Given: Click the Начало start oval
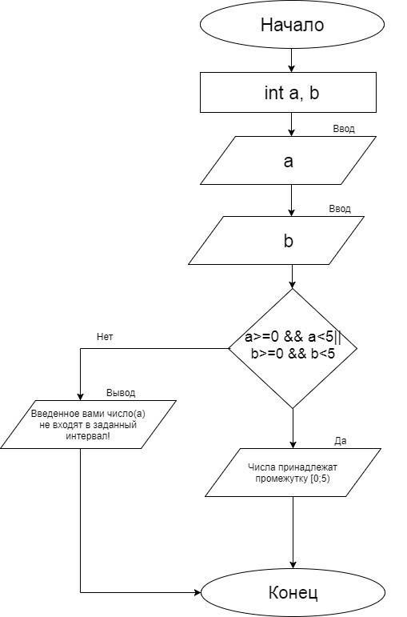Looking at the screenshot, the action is click(292, 24).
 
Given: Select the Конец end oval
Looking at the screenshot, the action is click(293, 592).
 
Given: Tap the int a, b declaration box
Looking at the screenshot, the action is click(288, 93).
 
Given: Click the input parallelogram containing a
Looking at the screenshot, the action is click(288, 161).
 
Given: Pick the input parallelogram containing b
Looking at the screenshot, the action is click(277, 240).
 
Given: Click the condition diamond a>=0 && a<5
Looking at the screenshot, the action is click(293, 348).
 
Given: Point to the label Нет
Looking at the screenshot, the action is click(105, 337).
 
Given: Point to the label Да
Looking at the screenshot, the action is click(341, 441).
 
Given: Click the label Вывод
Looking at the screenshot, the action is click(121, 393).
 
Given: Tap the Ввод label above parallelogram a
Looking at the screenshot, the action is click(344, 129).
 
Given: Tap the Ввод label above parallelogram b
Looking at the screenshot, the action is click(340, 209).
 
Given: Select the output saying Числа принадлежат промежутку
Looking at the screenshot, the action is click(293, 473).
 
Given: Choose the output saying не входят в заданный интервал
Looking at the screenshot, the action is click(88, 425).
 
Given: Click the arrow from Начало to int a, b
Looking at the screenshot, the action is click(291, 61).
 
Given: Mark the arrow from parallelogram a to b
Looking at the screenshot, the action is click(291, 200).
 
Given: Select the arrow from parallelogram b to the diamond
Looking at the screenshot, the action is click(292, 277).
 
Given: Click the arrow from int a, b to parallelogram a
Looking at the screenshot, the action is click(291, 124).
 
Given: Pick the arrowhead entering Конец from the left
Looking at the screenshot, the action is click(198, 592).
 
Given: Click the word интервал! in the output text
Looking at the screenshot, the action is click(88, 436).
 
